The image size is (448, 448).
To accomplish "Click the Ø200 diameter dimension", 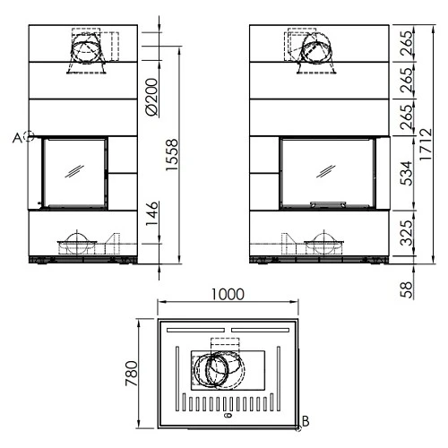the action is (x=151, y=97).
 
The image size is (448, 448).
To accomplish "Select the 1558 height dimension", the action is (x=172, y=155).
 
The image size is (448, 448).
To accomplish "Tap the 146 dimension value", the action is (x=151, y=214).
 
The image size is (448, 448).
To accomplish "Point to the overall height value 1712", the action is (x=426, y=144).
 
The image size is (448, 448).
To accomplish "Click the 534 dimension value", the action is (x=406, y=173).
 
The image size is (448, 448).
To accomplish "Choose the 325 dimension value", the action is (x=406, y=233).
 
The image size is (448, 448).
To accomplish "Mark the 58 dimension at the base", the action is (x=406, y=289).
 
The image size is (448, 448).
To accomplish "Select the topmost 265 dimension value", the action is (x=406, y=43).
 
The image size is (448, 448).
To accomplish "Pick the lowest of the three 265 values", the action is (x=406, y=117).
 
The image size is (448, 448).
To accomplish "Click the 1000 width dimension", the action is (x=228, y=295).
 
